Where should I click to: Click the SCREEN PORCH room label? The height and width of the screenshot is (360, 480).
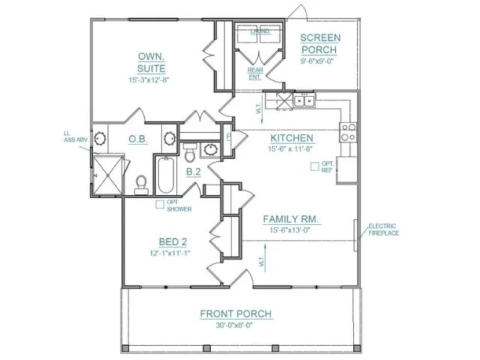click(x=320, y=43)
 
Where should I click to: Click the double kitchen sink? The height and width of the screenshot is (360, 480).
click(x=304, y=100)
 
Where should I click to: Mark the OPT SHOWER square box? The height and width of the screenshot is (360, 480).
click(x=160, y=204)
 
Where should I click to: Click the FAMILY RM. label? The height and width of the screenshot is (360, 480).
click(x=292, y=219)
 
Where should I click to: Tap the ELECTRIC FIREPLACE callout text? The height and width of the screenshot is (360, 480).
click(x=383, y=229)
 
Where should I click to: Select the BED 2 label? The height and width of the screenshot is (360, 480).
click(x=172, y=241)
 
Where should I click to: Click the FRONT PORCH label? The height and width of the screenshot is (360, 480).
click(x=235, y=313)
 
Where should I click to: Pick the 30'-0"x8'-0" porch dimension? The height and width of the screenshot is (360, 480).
click(x=235, y=325)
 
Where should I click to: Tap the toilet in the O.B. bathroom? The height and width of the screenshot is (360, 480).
click(x=140, y=183)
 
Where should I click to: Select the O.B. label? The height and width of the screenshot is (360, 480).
click(x=137, y=139)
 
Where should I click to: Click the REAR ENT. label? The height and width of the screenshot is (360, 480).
click(x=255, y=73)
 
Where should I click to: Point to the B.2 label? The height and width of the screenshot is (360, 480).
click(x=193, y=172)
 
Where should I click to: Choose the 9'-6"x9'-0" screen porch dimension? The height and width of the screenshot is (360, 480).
click(x=320, y=61)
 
